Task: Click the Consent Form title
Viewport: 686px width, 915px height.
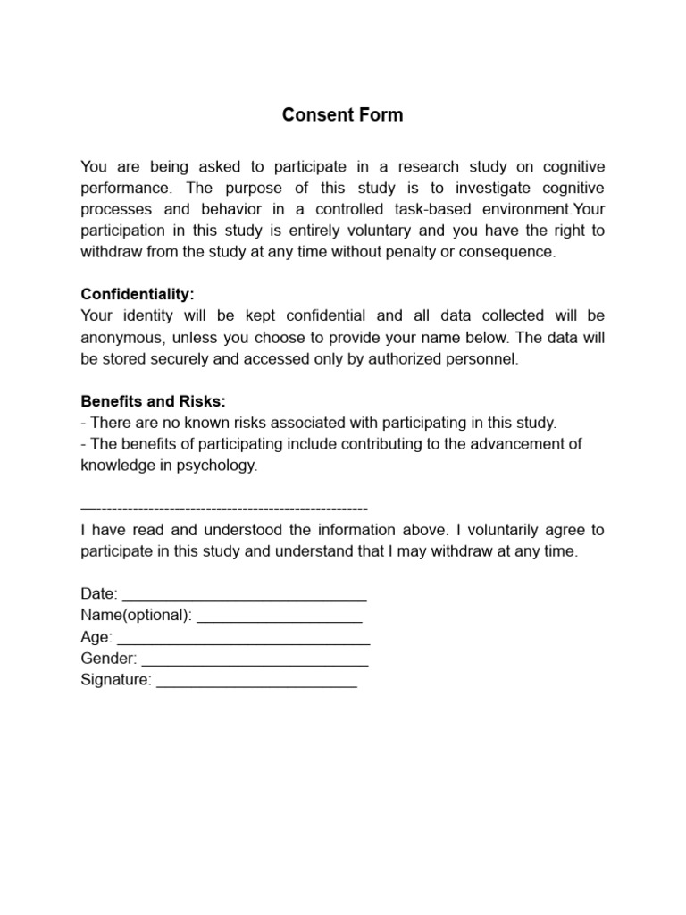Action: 343,115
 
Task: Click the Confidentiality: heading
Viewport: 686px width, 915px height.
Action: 137,294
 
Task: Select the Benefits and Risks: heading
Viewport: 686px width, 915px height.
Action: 153,400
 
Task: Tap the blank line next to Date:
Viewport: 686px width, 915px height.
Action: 244,594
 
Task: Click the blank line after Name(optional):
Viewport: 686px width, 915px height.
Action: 279,616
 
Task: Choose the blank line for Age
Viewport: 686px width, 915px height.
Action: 243,638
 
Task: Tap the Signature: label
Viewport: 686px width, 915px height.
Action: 116,681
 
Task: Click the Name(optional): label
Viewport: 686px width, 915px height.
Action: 136,616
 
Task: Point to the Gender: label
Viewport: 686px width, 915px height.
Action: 109,659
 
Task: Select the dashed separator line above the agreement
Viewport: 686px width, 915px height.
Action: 223,507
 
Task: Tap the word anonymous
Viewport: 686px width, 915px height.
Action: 120,337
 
